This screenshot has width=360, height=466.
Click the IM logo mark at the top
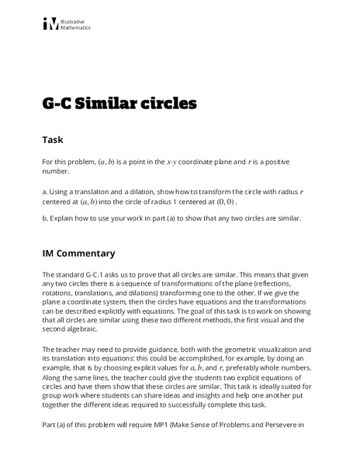50,24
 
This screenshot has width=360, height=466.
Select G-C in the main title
60,103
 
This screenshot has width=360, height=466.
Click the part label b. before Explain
46,218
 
